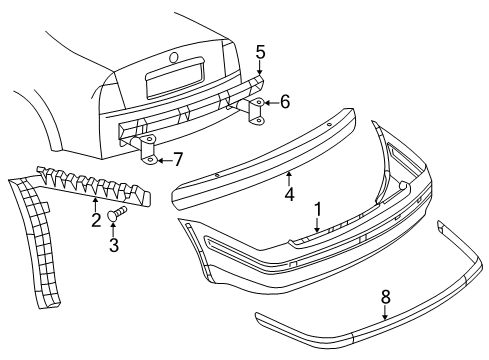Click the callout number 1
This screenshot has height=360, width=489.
[318, 209]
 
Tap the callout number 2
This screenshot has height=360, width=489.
[96, 220]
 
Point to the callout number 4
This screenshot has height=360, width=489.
[289, 194]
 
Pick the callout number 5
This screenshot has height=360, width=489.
[260, 52]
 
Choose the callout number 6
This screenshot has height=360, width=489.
[285, 102]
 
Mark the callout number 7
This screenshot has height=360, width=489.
[178, 159]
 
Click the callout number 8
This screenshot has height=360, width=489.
[385, 297]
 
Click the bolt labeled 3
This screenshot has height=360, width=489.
[117, 213]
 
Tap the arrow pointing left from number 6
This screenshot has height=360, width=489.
[271, 103]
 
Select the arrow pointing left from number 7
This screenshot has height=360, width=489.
[165, 160]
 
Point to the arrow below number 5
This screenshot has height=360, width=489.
[260, 68]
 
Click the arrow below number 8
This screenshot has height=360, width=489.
[385, 313]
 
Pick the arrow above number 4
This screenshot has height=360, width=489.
[289, 178]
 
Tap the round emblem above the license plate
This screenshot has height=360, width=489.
[174, 58]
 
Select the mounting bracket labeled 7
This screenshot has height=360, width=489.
[147, 149]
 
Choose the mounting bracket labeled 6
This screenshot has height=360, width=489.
[256, 112]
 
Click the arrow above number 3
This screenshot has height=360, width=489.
[113, 229]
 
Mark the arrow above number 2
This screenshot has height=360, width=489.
[96, 204]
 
